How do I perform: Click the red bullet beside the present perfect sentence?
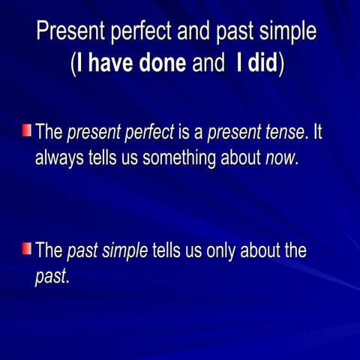(26, 132)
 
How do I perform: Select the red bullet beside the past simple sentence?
(26, 248)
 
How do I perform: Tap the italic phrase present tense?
(256, 134)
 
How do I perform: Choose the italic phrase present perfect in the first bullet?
(120, 134)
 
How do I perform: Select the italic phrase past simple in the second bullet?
(107, 250)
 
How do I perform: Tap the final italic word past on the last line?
(51, 276)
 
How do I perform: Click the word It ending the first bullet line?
(317, 134)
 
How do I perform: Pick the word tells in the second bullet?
(169, 250)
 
